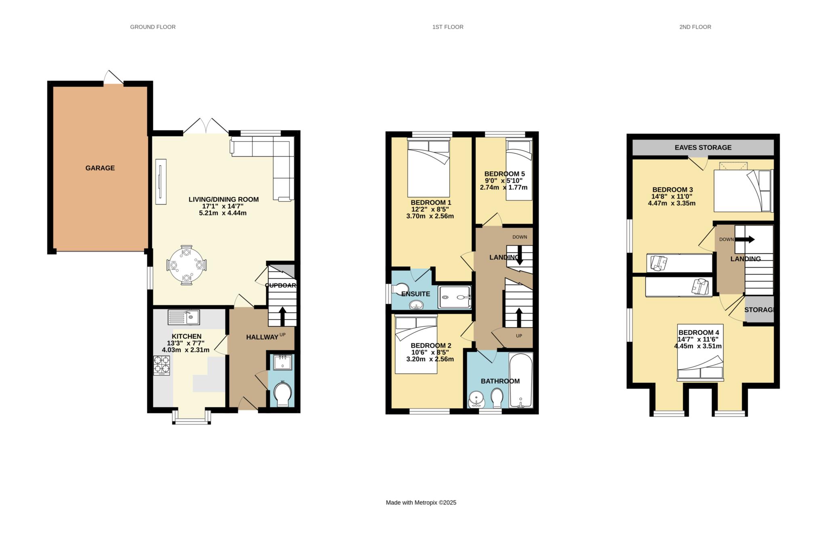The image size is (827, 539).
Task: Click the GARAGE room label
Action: (100, 168)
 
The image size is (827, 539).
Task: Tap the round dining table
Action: (186, 265)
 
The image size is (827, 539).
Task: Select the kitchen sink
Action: (184, 317)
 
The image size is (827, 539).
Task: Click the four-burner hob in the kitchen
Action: (162, 366)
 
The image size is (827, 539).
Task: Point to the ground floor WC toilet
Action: (282, 394)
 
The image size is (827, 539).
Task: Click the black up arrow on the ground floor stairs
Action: (282, 316)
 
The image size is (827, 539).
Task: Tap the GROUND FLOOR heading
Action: (153, 27)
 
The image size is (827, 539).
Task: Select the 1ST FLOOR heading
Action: (448, 27)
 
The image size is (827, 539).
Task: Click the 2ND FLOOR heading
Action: (695, 27)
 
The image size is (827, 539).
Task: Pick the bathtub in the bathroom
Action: (521, 380)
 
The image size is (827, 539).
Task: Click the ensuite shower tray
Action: (455, 297)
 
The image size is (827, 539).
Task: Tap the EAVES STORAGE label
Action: (703, 148)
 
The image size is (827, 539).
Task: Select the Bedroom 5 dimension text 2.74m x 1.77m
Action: (504, 187)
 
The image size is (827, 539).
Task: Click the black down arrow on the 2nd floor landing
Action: (744, 239)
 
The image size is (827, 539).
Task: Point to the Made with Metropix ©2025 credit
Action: (421, 503)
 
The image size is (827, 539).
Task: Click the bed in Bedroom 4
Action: (700, 352)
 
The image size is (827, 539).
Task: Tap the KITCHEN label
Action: (187, 336)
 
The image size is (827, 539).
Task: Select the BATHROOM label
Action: (500, 381)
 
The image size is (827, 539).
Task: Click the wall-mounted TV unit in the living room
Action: (162, 181)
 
